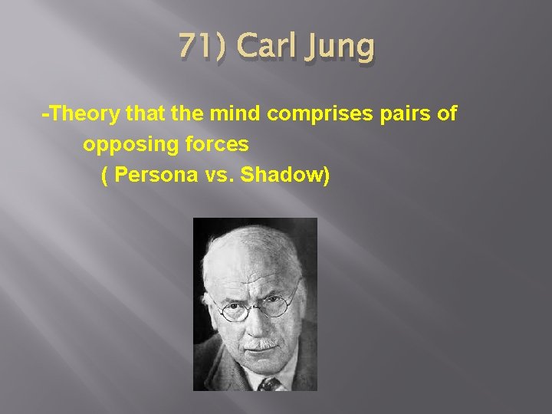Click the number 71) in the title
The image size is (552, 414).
pos(202,48)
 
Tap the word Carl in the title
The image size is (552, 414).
pos(264,48)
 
